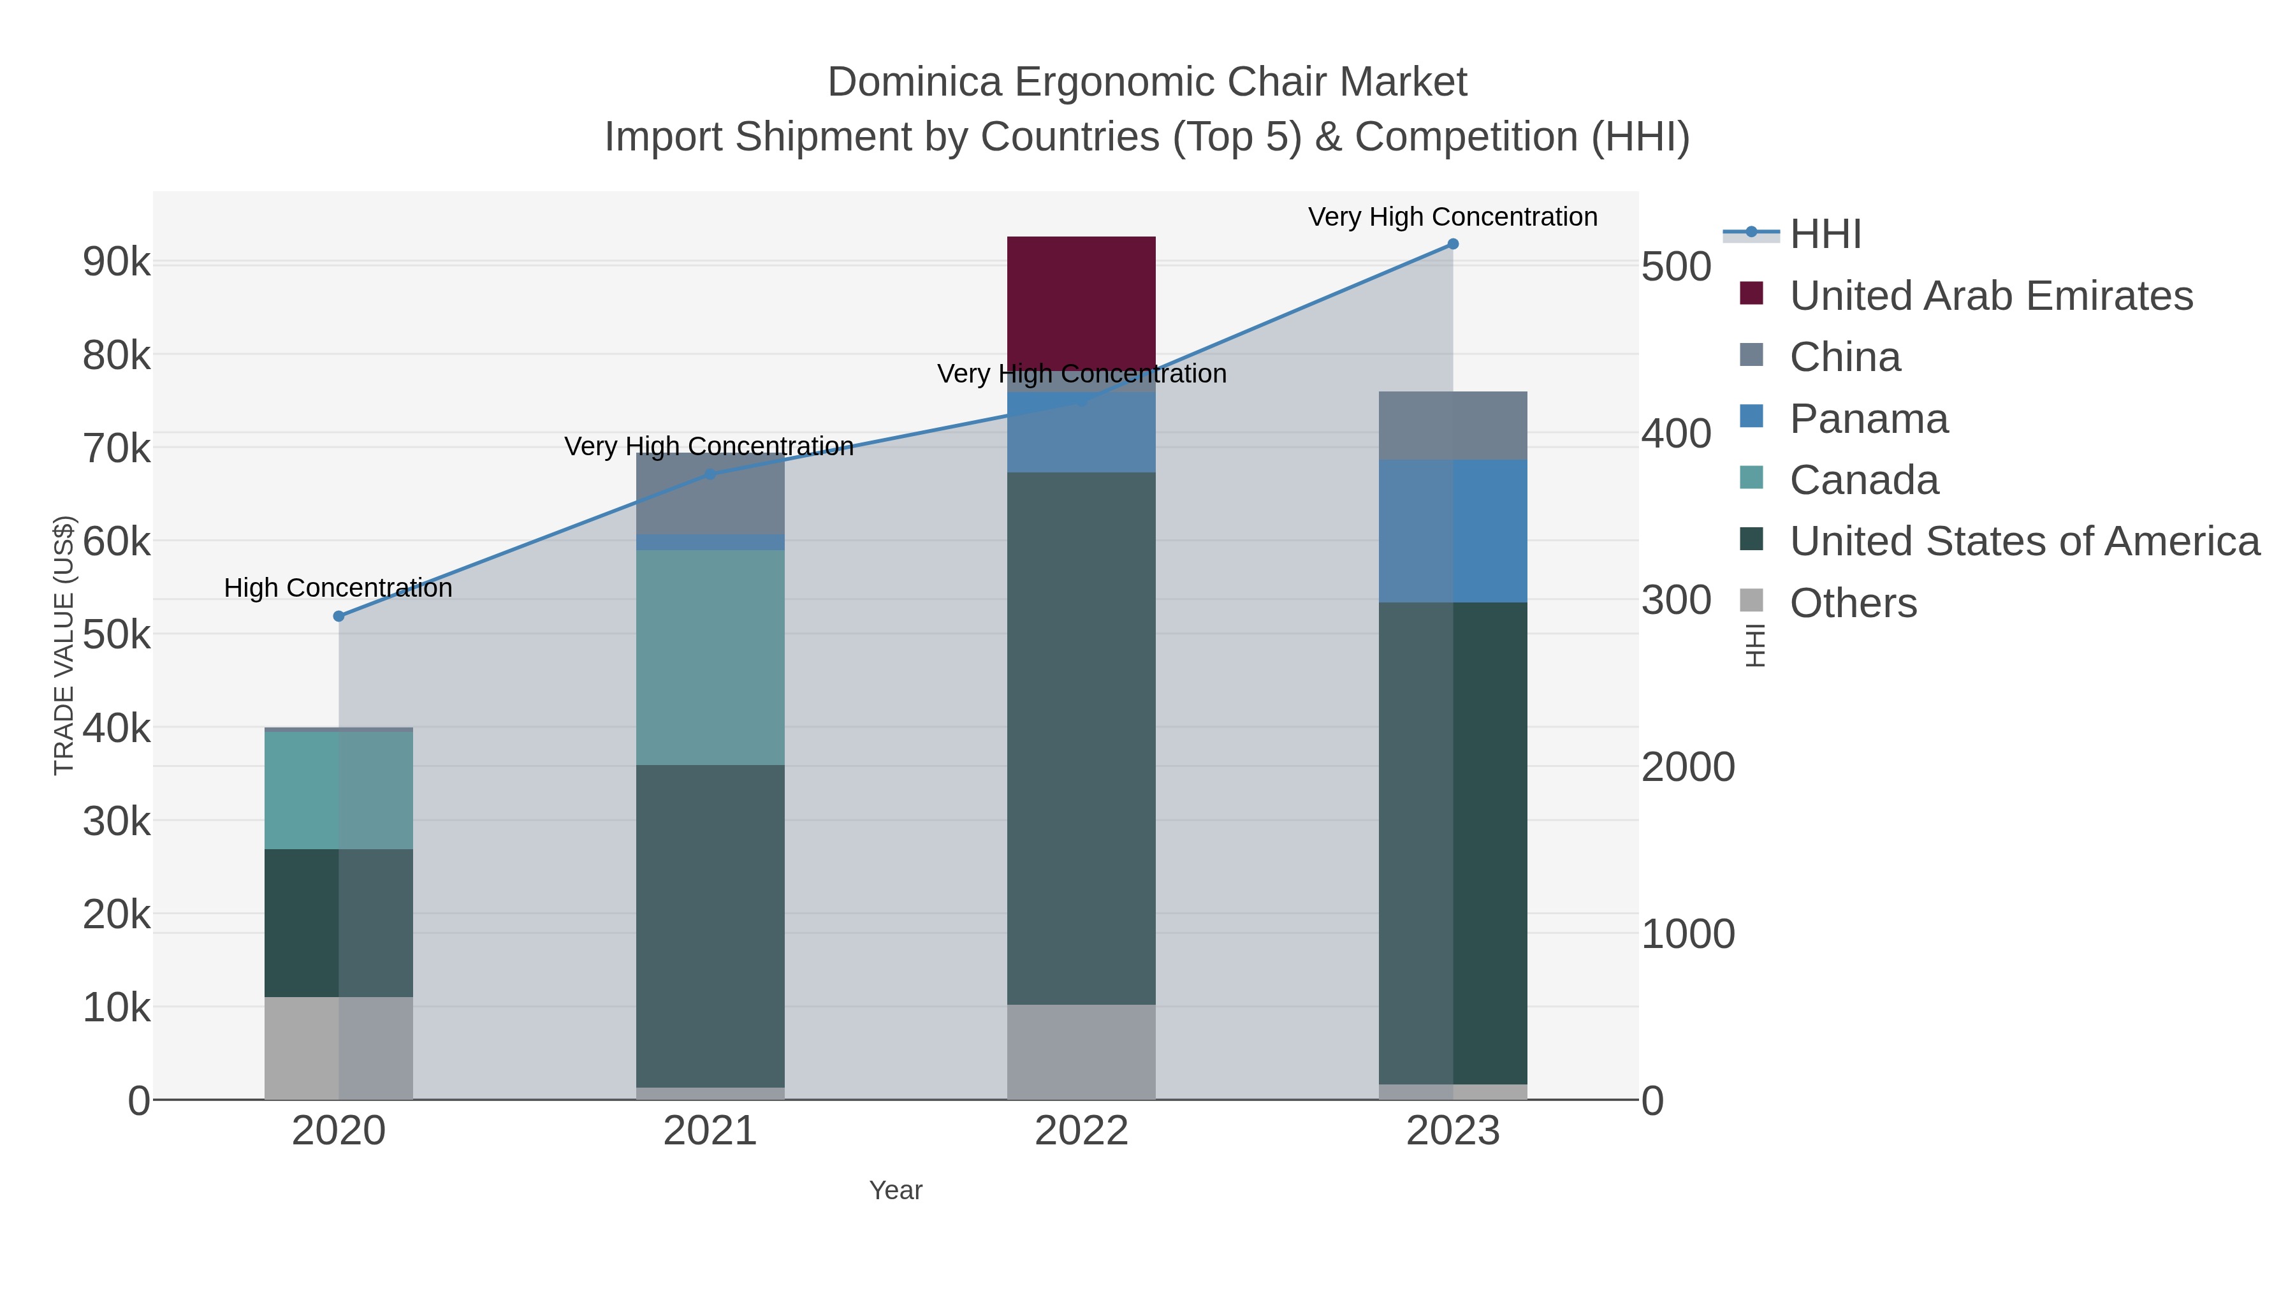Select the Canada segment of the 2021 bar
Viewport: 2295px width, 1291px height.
coord(710,657)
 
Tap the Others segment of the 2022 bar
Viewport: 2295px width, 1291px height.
coord(1081,1051)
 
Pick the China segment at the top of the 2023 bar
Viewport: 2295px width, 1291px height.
coord(1452,425)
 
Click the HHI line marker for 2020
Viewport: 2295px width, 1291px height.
coord(339,616)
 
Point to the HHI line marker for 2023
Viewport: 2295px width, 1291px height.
coord(1452,244)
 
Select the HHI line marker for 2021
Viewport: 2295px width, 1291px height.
coord(710,474)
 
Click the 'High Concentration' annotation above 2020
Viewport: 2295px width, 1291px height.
coord(338,588)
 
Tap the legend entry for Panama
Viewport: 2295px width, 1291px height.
coord(1869,419)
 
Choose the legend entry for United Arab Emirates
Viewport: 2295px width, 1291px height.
coord(1990,296)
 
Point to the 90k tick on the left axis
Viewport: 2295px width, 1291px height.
coord(116,262)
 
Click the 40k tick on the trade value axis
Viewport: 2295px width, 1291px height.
coord(116,728)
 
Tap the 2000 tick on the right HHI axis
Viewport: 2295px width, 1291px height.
coord(1687,767)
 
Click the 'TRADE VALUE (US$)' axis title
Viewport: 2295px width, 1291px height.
coord(64,645)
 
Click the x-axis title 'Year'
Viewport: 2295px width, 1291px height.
coord(896,1190)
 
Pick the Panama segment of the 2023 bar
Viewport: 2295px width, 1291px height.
coord(1452,531)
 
